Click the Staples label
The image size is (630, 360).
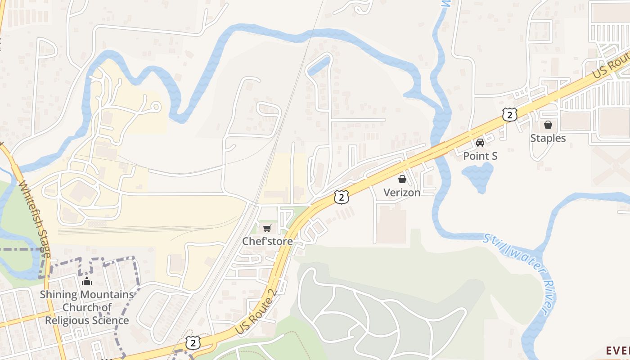coord(548,138)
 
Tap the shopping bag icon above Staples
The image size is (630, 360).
coord(548,125)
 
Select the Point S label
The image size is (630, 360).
coord(480,156)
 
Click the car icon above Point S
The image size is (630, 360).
coord(480,143)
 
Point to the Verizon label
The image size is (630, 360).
coord(402,193)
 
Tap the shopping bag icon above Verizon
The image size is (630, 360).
coord(402,179)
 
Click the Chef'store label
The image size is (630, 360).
coord(267,241)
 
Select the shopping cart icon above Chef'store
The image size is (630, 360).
coord(267,228)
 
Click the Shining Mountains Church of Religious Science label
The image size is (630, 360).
coord(87,307)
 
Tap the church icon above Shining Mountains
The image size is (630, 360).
coord(87,282)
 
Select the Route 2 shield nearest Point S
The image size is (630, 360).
coord(509,115)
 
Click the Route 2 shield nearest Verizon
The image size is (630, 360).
coord(342,197)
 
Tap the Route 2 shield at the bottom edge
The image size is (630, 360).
coord(193,342)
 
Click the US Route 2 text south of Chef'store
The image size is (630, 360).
coord(255,311)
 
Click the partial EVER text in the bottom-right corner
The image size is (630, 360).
coord(618,351)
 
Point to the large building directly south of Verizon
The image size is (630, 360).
coord(391,223)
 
